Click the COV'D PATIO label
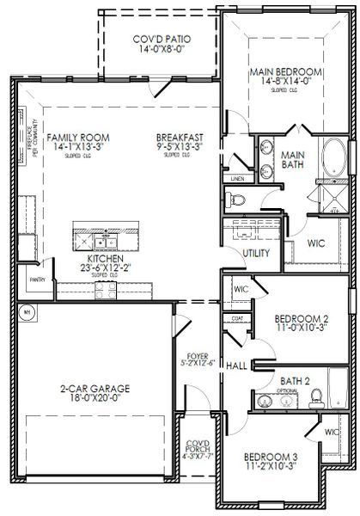click(161, 40)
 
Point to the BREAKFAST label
click(180, 138)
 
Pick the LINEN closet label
click(238, 179)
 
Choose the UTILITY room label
click(256, 253)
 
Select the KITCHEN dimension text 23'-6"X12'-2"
click(106, 267)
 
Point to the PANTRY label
click(37, 279)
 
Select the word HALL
click(237, 365)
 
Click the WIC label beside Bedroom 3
click(331, 431)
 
